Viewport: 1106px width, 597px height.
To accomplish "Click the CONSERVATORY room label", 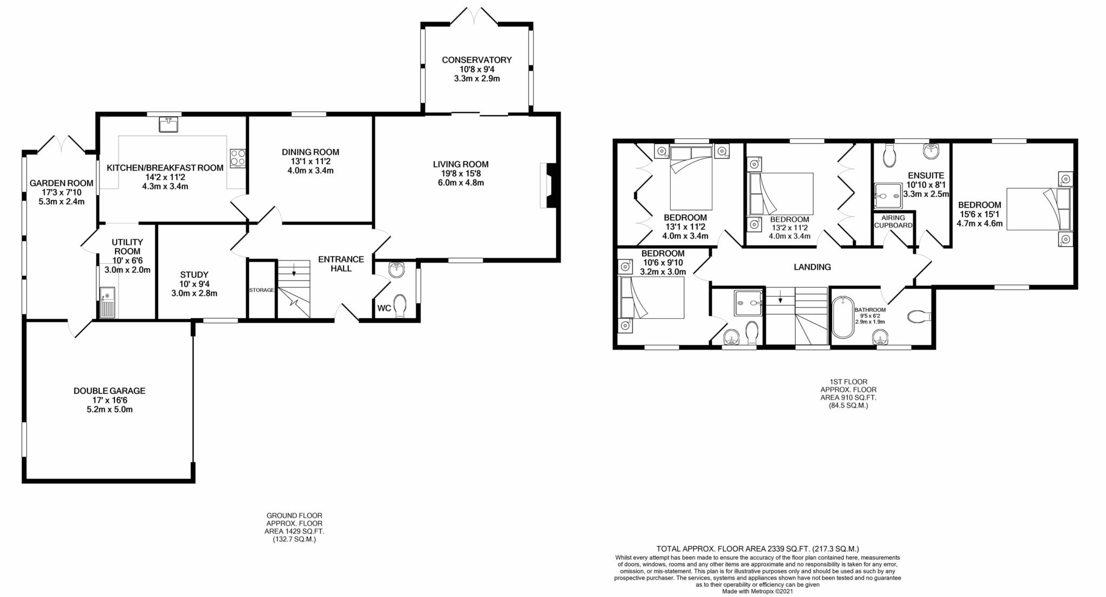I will coord(476,60).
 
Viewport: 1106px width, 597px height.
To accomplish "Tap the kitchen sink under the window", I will coord(167,124).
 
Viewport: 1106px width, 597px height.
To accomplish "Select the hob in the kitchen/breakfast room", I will coord(238,158).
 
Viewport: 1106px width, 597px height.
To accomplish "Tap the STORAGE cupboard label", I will coord(261,290).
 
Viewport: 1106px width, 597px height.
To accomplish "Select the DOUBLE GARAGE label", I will coord(110,391).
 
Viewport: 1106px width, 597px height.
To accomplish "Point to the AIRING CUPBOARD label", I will coord(893,222).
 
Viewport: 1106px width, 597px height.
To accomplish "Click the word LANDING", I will coord(812,267).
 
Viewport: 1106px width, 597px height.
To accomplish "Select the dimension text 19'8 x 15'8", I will coord(460,173).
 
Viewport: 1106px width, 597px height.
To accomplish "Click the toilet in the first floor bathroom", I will coord(918,316).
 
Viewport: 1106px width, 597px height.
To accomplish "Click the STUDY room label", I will coord(194,274).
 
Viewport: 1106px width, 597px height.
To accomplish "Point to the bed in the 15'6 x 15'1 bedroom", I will coord(1038,210).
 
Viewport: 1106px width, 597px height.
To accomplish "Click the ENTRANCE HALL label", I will coord(341,264).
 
